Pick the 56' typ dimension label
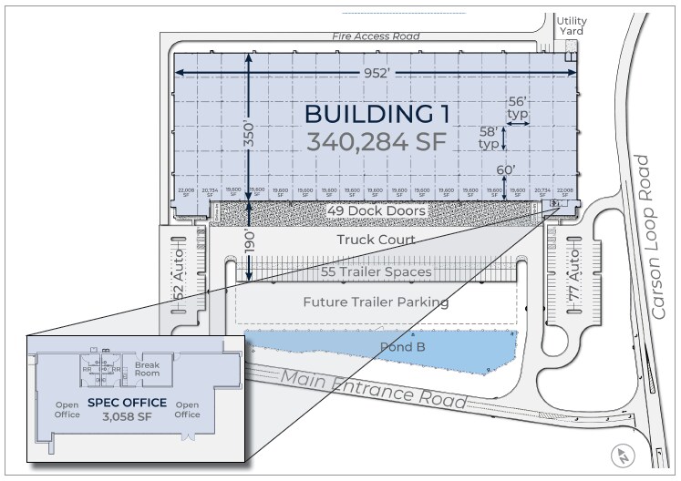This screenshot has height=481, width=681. [x=517, y=107]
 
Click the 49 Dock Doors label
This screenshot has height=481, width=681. [x=374, y=211]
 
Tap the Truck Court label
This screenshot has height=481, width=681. [x=376, y=240]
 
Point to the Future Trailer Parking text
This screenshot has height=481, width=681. [x=376, y=302]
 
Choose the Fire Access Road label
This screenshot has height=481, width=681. [x=376, y=37]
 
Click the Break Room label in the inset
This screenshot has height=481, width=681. [x=147, y=369]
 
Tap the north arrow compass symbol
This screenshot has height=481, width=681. [x=623, y=455]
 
